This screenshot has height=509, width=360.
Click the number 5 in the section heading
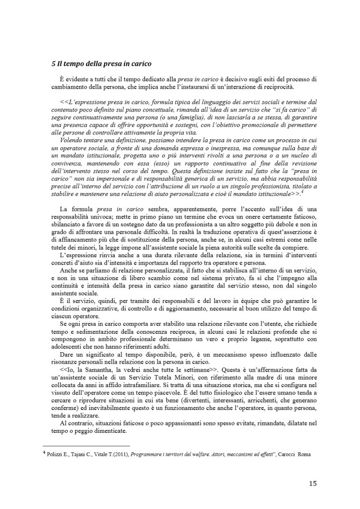coord(53,64)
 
